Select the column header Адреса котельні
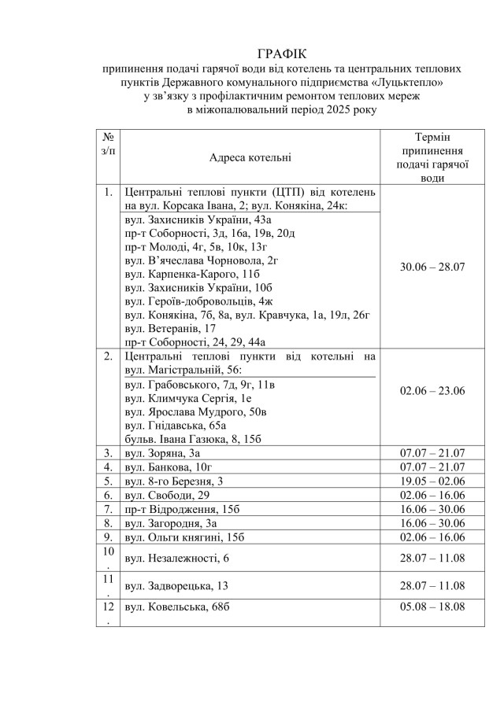(250, 157)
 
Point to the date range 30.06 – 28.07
(432, 266)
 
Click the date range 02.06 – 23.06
(432, 391)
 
